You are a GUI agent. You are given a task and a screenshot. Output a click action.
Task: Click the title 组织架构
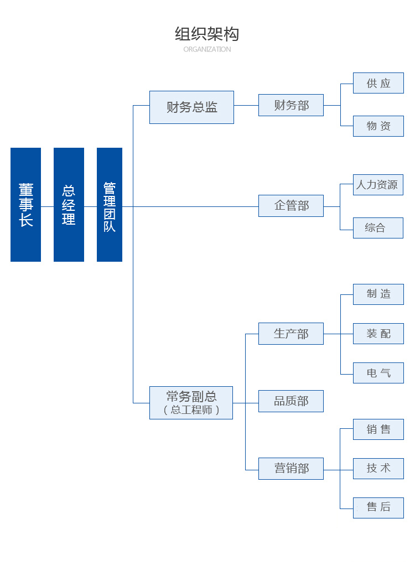coord(207,34)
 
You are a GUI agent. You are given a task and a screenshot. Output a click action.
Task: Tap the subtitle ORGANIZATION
coord(207,49)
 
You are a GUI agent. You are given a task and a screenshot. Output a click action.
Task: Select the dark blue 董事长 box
coord(25,205)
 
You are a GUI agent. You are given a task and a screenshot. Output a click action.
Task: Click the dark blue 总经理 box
coord(69,205)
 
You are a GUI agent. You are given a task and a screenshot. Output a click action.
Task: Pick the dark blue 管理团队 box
coord(110,205)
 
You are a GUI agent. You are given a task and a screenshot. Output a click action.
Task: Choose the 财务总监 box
coord(191,107)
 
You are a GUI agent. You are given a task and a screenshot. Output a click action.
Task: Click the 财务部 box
coord(291,105)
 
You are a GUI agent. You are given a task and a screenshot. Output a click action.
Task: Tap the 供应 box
coord(378,84)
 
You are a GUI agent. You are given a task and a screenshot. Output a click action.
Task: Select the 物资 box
coord(378,126)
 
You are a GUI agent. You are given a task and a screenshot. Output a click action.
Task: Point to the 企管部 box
coord(291,206)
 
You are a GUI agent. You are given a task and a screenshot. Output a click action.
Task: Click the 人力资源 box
coord(378,185)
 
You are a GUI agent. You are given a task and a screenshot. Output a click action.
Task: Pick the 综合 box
coord(378,228)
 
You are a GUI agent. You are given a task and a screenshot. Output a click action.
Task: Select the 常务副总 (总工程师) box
coord(191,403)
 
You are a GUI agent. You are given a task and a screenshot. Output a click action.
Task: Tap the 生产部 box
coord(291,334)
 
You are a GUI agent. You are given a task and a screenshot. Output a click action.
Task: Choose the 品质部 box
coord(291,401)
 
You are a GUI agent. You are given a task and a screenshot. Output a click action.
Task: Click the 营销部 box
coord(291,469)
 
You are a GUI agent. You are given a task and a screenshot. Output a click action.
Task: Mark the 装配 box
coord(378,334)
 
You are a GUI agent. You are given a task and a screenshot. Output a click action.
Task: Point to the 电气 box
coord(378,373)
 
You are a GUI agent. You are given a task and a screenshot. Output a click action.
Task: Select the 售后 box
coord(378,507)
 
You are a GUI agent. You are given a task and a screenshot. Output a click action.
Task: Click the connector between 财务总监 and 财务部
coord(246,105)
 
